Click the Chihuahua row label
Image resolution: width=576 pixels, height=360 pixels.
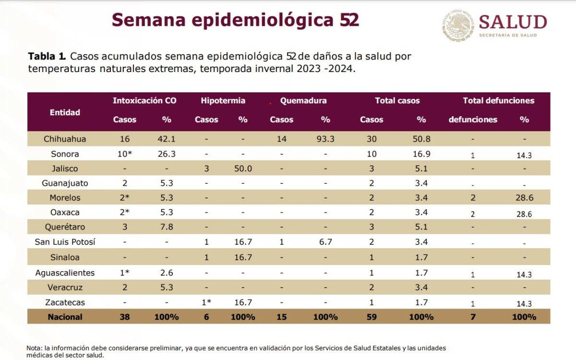[65, 139]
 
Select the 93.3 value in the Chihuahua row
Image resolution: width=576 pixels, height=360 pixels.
[325, 139]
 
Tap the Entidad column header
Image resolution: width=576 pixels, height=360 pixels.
[65, 112]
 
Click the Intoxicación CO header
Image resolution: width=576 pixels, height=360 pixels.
[144, 101]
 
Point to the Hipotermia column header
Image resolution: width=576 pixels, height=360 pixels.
[223, 101]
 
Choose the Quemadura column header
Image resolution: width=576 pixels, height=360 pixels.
[303, 101]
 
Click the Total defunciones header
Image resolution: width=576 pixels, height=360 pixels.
[498, 101]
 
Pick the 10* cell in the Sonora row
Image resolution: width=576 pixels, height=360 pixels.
[125, 154]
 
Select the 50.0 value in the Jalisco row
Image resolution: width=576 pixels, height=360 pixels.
[243, 169]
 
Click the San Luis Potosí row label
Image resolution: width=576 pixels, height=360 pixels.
[65, 242]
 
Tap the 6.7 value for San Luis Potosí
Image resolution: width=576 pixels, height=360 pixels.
[325, 242]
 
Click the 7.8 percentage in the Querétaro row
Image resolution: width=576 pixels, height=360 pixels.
[167, 227]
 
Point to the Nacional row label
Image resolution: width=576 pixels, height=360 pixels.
[65, 317]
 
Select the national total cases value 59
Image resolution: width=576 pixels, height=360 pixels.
[372, 317]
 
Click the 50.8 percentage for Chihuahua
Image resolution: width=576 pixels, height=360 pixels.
[421, 139]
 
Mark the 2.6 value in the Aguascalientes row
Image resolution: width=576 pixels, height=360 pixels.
[167, 273]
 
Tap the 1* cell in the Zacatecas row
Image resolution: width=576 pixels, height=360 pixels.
[206, 302]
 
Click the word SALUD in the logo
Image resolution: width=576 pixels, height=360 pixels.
[513, 22]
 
